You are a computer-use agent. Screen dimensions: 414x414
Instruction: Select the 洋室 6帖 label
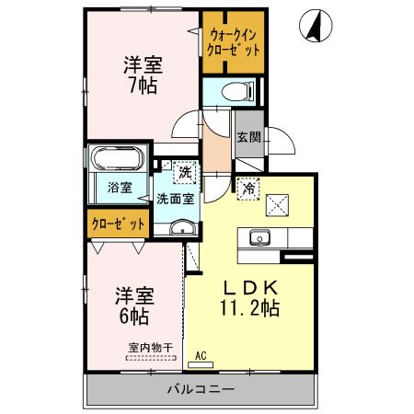pos(133,305)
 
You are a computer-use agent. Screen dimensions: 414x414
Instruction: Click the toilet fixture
pos(238,92)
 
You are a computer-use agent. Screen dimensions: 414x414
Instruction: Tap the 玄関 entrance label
pos(247,137)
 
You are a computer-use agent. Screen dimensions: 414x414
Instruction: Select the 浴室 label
pos(119,188)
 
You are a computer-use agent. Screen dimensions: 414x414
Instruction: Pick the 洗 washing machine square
pos(185,171)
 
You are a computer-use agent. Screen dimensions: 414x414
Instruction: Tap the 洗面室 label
pos(174,198)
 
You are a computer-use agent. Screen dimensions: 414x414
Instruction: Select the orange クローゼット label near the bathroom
pos(118,224)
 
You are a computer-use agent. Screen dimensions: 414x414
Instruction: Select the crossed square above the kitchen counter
pos(277,203)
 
